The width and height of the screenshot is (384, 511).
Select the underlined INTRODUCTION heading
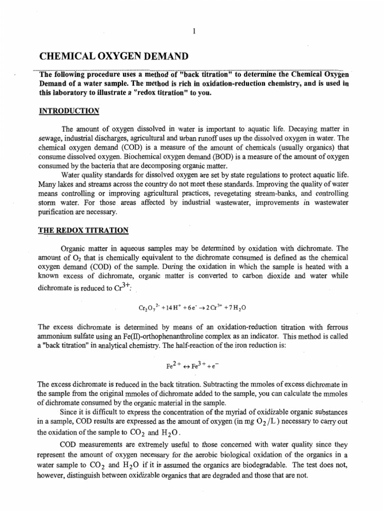69,111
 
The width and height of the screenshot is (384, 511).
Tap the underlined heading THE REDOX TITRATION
83,230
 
